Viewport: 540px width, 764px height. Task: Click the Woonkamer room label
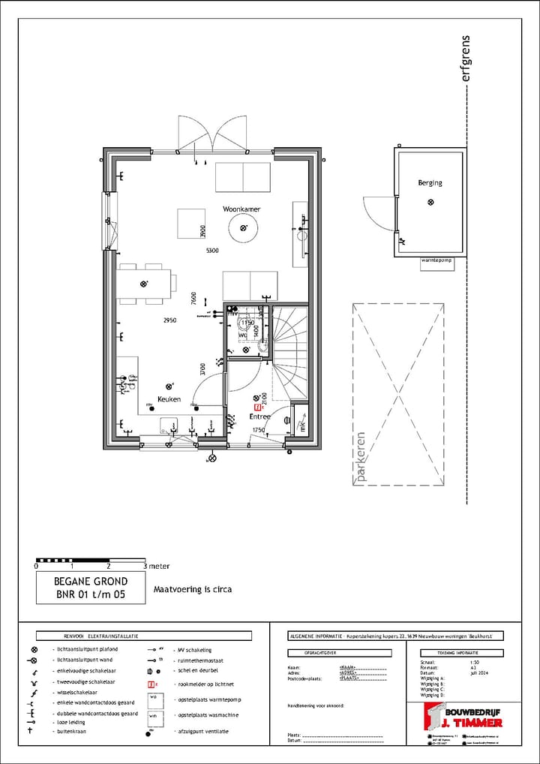(x=241, y=208)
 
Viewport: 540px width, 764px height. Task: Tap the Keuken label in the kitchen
(x=169, y=399)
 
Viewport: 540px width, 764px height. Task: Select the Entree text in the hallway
(x=259, y=416)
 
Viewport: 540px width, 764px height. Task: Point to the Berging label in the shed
(x=430, y=182)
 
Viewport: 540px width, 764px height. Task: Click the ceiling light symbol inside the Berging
(x=430, y=201)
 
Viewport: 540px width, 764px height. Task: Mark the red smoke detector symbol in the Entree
(x=257, y=407)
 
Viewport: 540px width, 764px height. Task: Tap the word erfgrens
(x=466, y=58)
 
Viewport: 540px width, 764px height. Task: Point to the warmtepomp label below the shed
(x=439, y=260)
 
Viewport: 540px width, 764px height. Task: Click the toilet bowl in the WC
(x=264, y=345)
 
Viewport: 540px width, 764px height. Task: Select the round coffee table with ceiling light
(x=242, y=228)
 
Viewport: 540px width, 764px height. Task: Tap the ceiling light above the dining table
(x=145, y=284)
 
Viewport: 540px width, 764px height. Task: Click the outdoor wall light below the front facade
(x=212, y=457)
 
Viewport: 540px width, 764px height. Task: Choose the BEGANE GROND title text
(x=91, y=581)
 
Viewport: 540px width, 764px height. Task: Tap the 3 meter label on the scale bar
(x=157, y=566)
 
